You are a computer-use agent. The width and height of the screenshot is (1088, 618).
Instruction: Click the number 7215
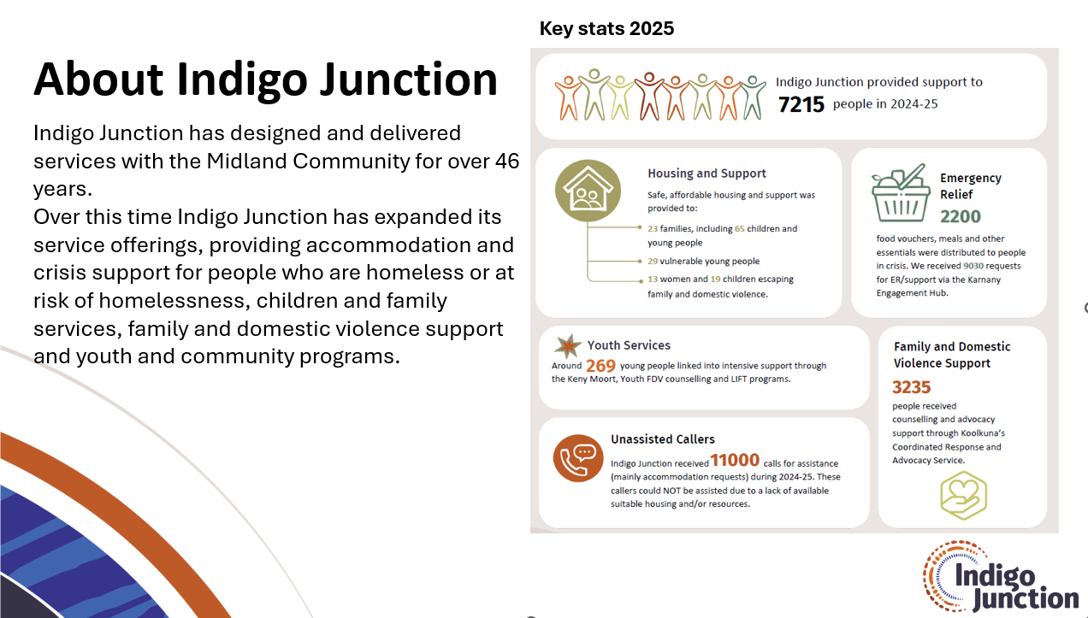(x=801, y=104)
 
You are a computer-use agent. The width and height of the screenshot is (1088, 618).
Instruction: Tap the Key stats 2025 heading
(x=606, y=29)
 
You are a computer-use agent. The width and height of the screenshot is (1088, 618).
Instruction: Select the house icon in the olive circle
(x=588, y=191)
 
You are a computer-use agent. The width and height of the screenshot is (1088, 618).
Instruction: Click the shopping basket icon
(x=901, y=193)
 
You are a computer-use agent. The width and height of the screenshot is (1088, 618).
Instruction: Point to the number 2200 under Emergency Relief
(x=961, y=216)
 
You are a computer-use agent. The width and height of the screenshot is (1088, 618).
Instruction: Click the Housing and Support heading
(x=707, y=174)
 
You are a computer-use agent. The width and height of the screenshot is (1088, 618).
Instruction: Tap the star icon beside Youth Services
(x=567, y=346)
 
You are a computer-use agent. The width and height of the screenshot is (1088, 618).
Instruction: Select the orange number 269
(x=600, y=366)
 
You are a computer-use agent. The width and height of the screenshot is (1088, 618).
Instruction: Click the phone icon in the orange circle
(x=578, y=458)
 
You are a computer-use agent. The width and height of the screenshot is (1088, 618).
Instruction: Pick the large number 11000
(x=735, y=460)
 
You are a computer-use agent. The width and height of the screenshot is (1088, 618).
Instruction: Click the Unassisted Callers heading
(x=663, y=438)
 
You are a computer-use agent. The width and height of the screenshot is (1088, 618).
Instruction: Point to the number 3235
(x=911, y=387)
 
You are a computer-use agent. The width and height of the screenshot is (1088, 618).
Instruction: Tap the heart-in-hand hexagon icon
(x=963, y=496)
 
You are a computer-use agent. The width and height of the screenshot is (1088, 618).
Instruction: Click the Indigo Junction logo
(x=1000, y=576)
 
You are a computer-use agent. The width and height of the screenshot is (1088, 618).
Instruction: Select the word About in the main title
(x=98, y=79)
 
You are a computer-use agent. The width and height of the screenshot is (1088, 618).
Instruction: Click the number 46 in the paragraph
(x=507, y=162)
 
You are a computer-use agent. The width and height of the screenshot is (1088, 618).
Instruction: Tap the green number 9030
(x=973, y=266)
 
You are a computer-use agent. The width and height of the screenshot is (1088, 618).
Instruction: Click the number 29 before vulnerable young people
(x=653, y=262)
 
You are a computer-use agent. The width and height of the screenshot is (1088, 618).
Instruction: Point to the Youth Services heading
(x=629, y=345)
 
